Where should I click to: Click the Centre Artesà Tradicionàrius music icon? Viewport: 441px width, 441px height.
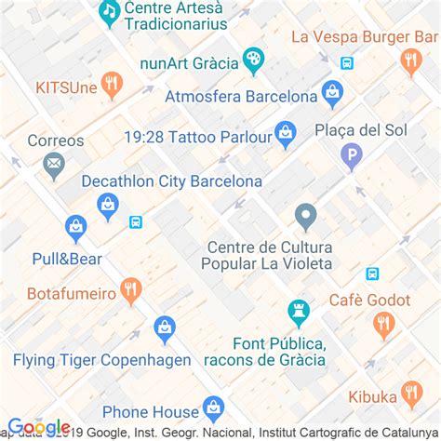pyautogui.click(x=110, y=12)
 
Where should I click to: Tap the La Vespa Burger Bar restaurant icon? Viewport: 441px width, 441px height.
pyautogui.click(x=411, y=61)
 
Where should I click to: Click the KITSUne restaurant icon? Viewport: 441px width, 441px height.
pyautogui.click(x=112, y=85)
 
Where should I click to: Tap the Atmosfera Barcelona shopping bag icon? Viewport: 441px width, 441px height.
pyautogui.click(x=332, y=93)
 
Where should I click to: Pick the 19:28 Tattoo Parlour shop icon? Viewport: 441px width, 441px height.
pyautogui.click(x=286, y=135)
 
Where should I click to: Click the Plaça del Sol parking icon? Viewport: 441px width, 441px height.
pyautogui.click(x=352, y=155)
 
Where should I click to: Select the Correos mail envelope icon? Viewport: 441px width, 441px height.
pyautogui.click(x=54, y=166)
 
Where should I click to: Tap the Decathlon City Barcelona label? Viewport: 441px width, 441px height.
pyautogui.click(x=171, y=181)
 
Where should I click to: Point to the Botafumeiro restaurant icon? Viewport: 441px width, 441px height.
pyautogui.click(x=130, y=290)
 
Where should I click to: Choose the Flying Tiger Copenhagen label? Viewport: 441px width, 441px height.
pyautogui.click(x=102, y=360)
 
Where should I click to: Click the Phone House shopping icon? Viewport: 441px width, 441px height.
pyautogui.click(x=214, y=408)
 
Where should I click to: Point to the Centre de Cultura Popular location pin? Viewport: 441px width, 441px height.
pyautogui.click(x=306, y=218)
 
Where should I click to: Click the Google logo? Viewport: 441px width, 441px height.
pyautogui.click(x=39, y=427)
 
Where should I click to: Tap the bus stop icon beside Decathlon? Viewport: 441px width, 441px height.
pyautogui.click(x=137, y=222)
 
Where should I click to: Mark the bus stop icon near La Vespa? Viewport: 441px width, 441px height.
pyautogui.click(x=347, y=63)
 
